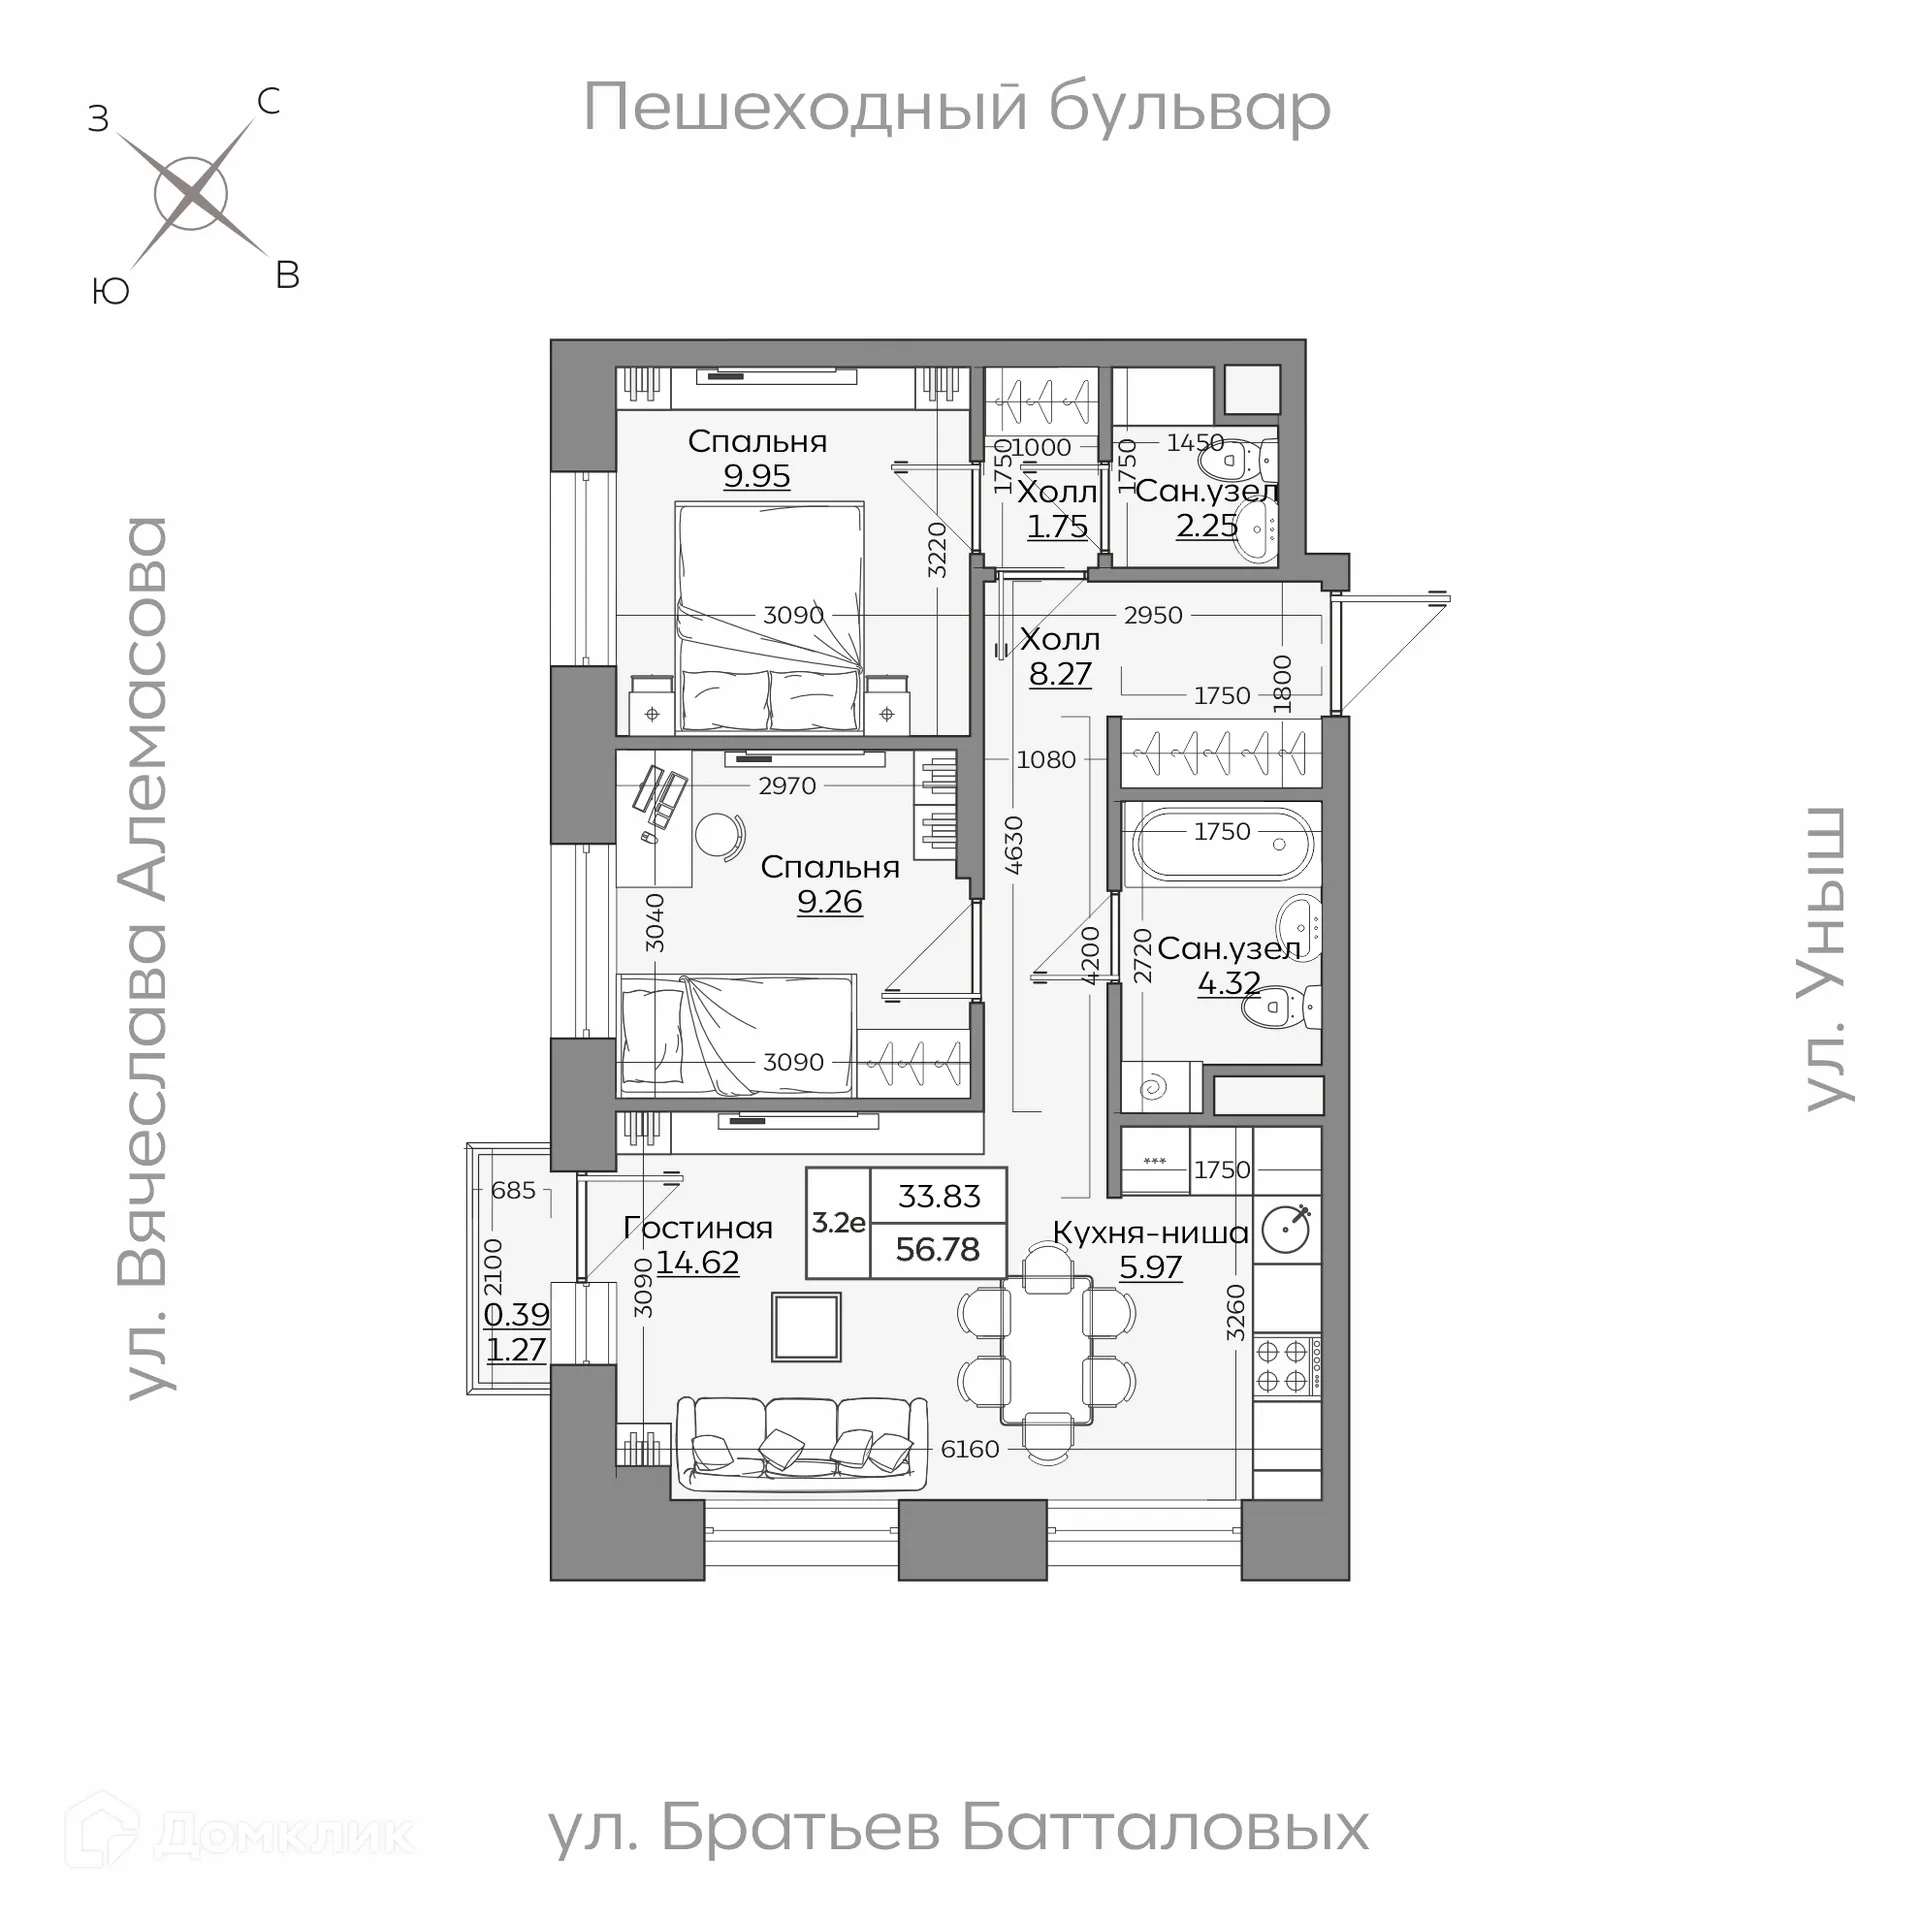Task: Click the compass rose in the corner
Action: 192,194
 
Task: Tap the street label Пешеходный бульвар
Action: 956,108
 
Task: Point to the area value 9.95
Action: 757,476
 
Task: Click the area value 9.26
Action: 829,902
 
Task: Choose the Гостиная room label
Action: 698,1228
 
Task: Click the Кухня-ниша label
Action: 1150,1233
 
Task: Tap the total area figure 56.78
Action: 938,1249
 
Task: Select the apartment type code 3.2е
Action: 838,1222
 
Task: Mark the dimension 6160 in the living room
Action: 970,1449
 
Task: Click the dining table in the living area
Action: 1046,1350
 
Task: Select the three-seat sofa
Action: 800,1440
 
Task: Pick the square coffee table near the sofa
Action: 806,1327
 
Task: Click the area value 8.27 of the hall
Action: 1060,674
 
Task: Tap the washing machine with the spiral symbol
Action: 1157,1088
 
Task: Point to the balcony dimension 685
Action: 513,1190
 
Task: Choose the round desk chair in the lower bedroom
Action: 719,835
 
